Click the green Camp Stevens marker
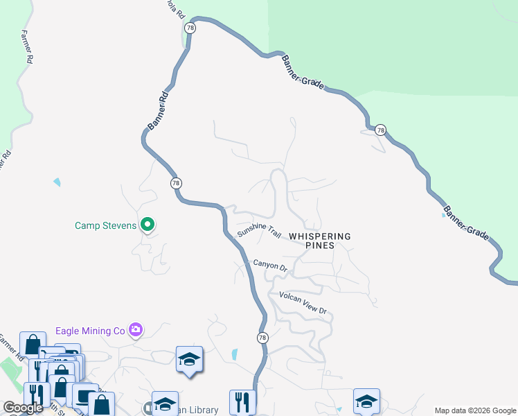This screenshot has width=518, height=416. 147,225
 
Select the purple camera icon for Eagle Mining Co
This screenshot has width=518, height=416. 136,330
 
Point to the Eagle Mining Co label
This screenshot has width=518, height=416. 90,331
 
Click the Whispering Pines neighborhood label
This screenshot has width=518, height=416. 320,241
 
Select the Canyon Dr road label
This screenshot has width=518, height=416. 269,265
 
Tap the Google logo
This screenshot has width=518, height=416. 23,408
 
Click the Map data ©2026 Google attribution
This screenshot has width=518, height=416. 475,410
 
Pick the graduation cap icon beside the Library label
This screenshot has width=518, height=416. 165,404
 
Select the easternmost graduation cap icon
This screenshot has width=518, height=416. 366,401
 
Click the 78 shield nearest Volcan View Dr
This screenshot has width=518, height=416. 262,338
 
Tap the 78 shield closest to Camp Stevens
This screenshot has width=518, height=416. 176,183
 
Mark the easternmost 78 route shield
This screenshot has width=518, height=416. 380,130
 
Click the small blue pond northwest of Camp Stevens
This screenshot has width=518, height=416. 56,182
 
